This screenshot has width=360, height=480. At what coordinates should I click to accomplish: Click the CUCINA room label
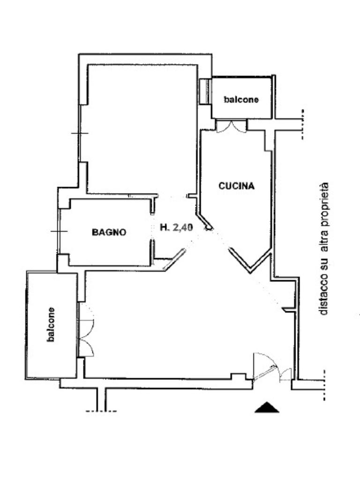[236, 186]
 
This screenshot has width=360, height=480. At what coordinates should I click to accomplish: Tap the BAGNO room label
[108, 232]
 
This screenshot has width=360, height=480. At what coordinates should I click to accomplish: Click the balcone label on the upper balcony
[241, 99]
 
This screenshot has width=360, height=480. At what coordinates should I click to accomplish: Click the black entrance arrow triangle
[267, 407]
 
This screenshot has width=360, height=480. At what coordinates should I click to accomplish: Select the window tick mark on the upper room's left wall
[80, 134]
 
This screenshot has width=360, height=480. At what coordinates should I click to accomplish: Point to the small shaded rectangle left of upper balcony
[204, 91]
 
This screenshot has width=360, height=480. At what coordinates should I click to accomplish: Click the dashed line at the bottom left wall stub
[101, 411]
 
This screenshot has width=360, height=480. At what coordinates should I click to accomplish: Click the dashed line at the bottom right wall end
[324, 385]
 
